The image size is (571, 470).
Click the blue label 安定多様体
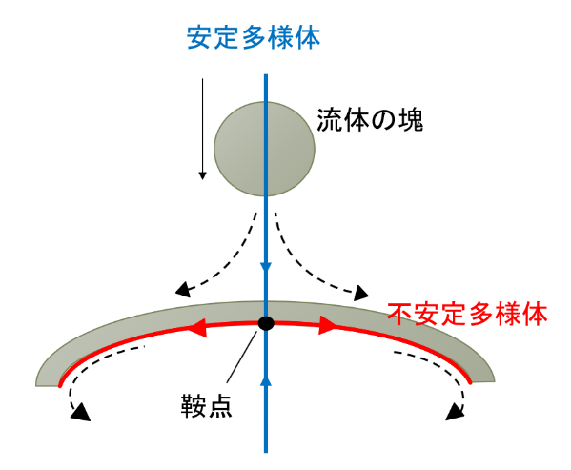pos(254,37)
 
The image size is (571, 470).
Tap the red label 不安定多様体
pos(468,315)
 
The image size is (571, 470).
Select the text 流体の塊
pos(370,120)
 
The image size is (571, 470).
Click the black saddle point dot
pos(266,323)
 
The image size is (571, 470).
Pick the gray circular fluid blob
pos(264,149)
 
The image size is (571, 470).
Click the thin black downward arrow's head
pos(202,175)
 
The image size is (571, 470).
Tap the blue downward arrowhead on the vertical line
pos(266,267)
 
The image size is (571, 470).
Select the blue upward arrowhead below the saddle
pos(266,380)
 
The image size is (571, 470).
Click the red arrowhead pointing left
pos(197,327)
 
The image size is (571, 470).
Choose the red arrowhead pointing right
pos(327,325)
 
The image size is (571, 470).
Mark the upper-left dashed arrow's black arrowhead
pos(183,290)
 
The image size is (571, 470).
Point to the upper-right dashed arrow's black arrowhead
pos(360,293)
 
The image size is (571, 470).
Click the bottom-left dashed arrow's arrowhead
pos(81,413)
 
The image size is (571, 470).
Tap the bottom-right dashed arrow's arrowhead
pos(455,412)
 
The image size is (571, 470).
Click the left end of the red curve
pos(60,385)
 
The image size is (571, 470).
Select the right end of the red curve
pos(470,382)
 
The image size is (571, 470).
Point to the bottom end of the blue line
pos(266,452)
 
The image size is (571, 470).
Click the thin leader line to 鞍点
pos(241,357)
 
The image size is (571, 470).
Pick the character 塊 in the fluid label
pos(411,120)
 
